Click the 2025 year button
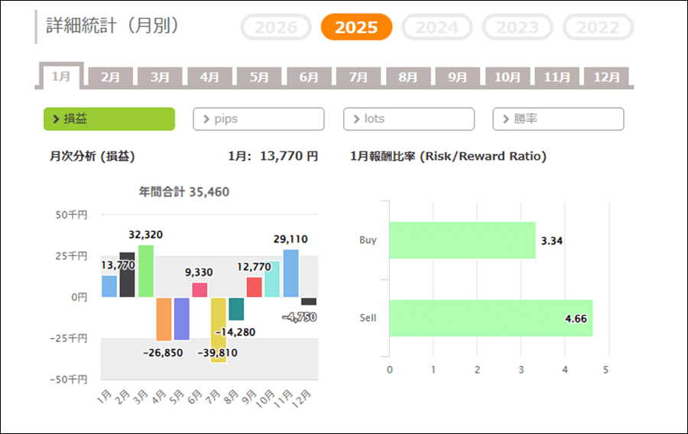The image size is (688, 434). [x=356, y=28]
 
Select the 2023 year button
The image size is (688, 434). [x=517, y=28]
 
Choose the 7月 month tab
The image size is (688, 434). [x=359, y=77]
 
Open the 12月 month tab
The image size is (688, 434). [x=606, y=77]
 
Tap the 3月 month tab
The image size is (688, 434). [x=160, y=77]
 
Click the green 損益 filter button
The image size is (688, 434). [x=109, y=119]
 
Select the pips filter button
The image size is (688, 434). [x=258, y=119]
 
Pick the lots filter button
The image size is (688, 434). [x=408, y=119]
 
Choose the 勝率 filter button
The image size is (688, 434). [x=558, y=119]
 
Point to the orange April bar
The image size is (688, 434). [x=164, y=318]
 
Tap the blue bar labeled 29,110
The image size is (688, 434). [x=290, y=273]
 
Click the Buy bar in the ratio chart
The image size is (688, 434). [x=462, y=240]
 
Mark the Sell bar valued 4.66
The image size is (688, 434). [x=490, y=318]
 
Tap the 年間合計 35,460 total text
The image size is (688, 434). [x=183, y=191]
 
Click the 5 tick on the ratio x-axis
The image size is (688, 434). [x=606, y=370]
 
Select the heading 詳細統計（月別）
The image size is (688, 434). [x=112, y=26]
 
